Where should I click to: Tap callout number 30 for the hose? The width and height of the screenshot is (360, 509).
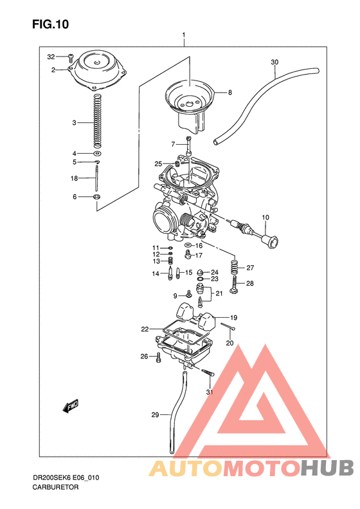[274, 62]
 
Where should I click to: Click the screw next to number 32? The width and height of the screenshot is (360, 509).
[71, 58]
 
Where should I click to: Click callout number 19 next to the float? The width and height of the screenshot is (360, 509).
[234, 317]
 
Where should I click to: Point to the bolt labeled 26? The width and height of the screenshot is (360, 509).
[157, 356]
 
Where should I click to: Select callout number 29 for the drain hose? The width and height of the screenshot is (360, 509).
[155, 415]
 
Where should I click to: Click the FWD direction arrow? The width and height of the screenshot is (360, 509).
[70, 406]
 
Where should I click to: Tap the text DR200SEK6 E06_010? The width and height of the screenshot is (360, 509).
[66, 478]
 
